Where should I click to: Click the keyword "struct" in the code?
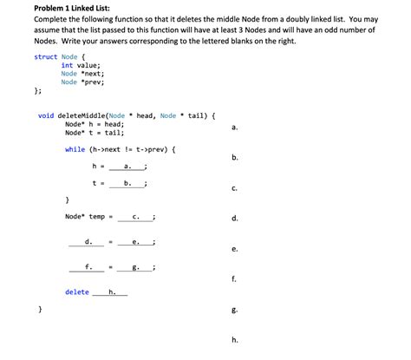pos(45,56)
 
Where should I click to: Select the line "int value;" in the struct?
pos(81,65)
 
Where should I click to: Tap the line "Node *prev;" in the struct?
pos(82,82)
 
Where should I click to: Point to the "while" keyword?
pos(75,149)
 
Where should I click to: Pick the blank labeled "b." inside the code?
pos(128,183)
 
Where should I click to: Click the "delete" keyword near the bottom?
pos(77,292)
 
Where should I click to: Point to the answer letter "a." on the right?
pos(235,128)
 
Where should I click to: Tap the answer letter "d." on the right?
pos(235,218)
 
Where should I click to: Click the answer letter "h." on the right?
pos(235,339)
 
